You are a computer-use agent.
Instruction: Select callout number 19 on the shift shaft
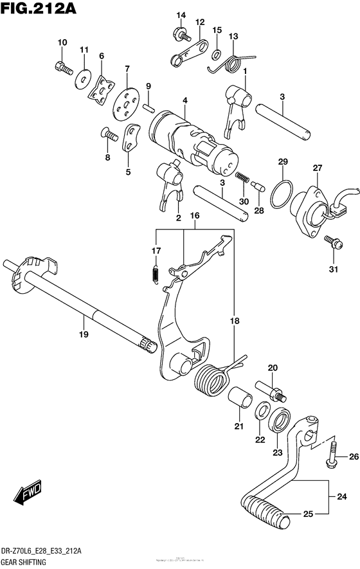coord(84,334)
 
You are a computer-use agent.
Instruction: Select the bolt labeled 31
coord(332,242)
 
